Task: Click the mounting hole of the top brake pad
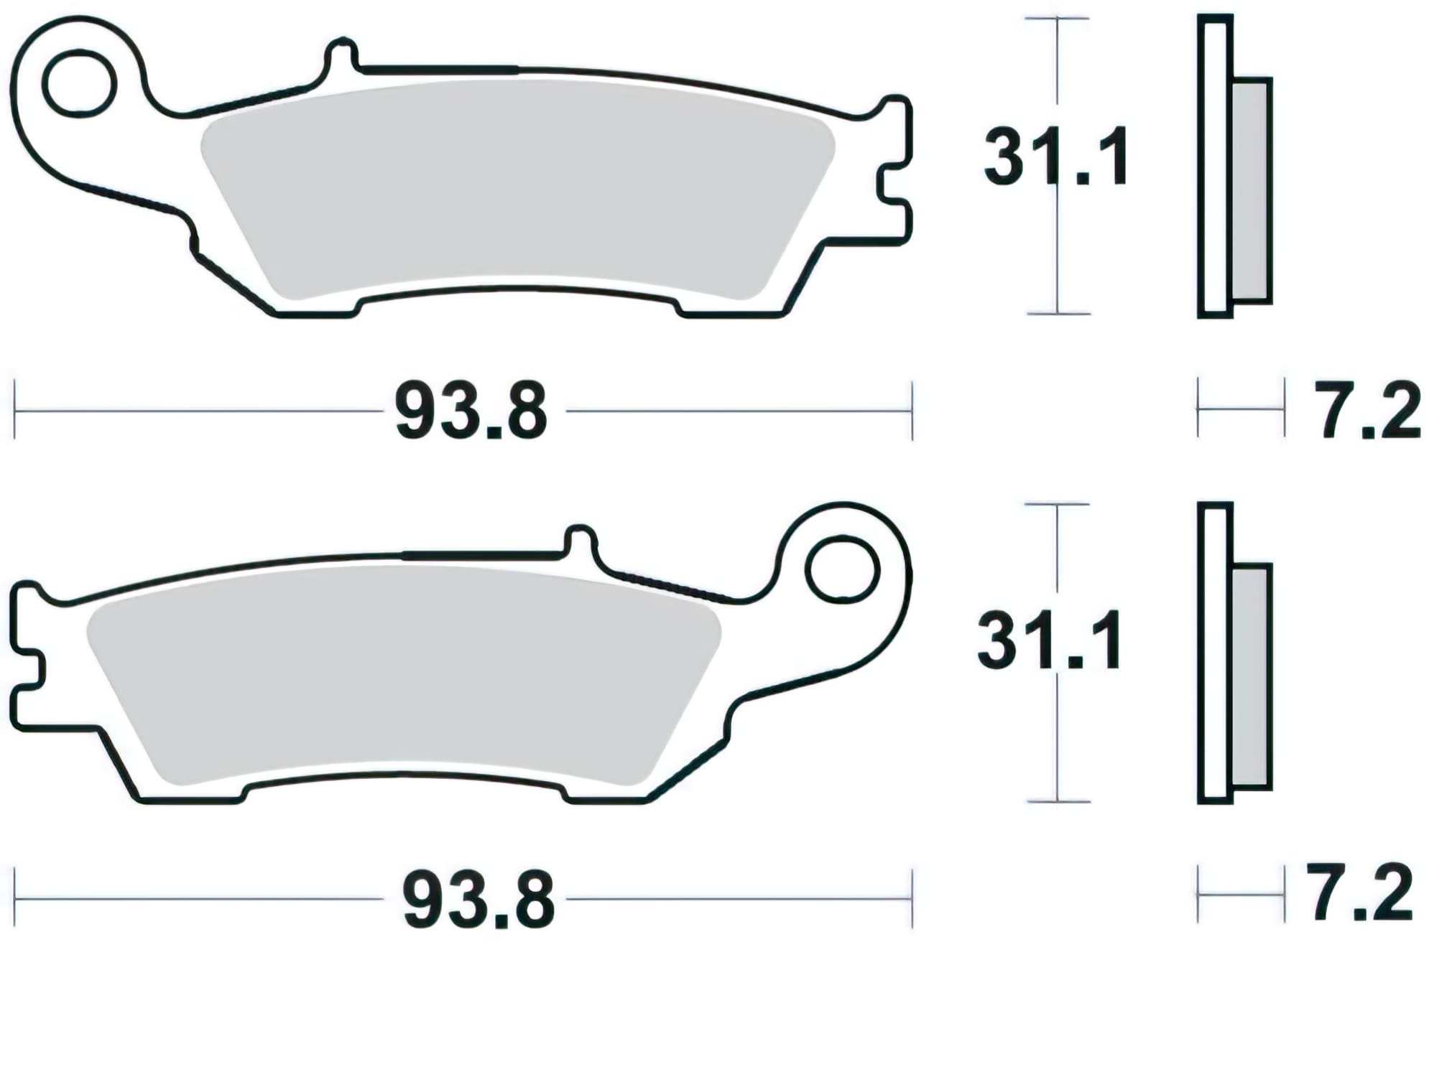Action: point(79,84)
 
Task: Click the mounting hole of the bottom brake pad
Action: point(842,570)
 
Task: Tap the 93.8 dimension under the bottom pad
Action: point(478,899)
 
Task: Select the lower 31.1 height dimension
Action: point(1049,641)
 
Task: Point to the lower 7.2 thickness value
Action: point(1360,894)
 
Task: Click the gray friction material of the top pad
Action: point(517,187)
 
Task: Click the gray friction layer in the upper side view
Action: point(1252,190)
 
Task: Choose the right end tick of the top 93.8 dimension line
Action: point(912,411)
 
